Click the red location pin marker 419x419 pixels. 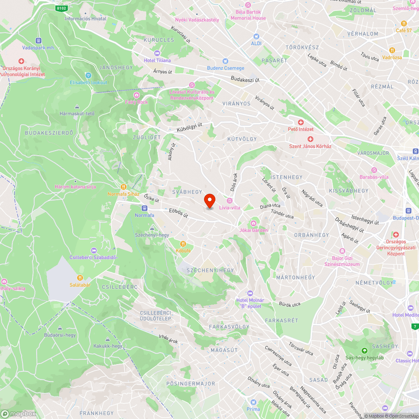[x=209, y=201]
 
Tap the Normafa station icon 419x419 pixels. [x=145, y=208]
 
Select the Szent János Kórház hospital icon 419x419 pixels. [x=310, y=139]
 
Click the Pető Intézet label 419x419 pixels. [x=300, y=129]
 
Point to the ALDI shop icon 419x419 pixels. [x=256, y=36]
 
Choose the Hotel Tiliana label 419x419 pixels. [x=157, y=60]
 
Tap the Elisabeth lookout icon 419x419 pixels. [x=88, y=75]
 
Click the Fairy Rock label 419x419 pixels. [x=137, y=102]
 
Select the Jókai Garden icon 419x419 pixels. [x=253, y=223]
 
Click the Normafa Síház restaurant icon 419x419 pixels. [x=123, y=187]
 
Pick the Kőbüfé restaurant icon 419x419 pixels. [x=183, y=244]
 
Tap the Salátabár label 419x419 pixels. [x=80, y=284]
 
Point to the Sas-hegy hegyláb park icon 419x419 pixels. [x=364, y=351]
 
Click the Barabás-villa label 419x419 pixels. [x=374, y=177]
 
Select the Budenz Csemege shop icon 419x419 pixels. [x=225, y=61]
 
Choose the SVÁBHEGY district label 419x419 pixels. [x=187, y=191]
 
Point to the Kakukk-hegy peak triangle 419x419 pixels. [x=108, y=339]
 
